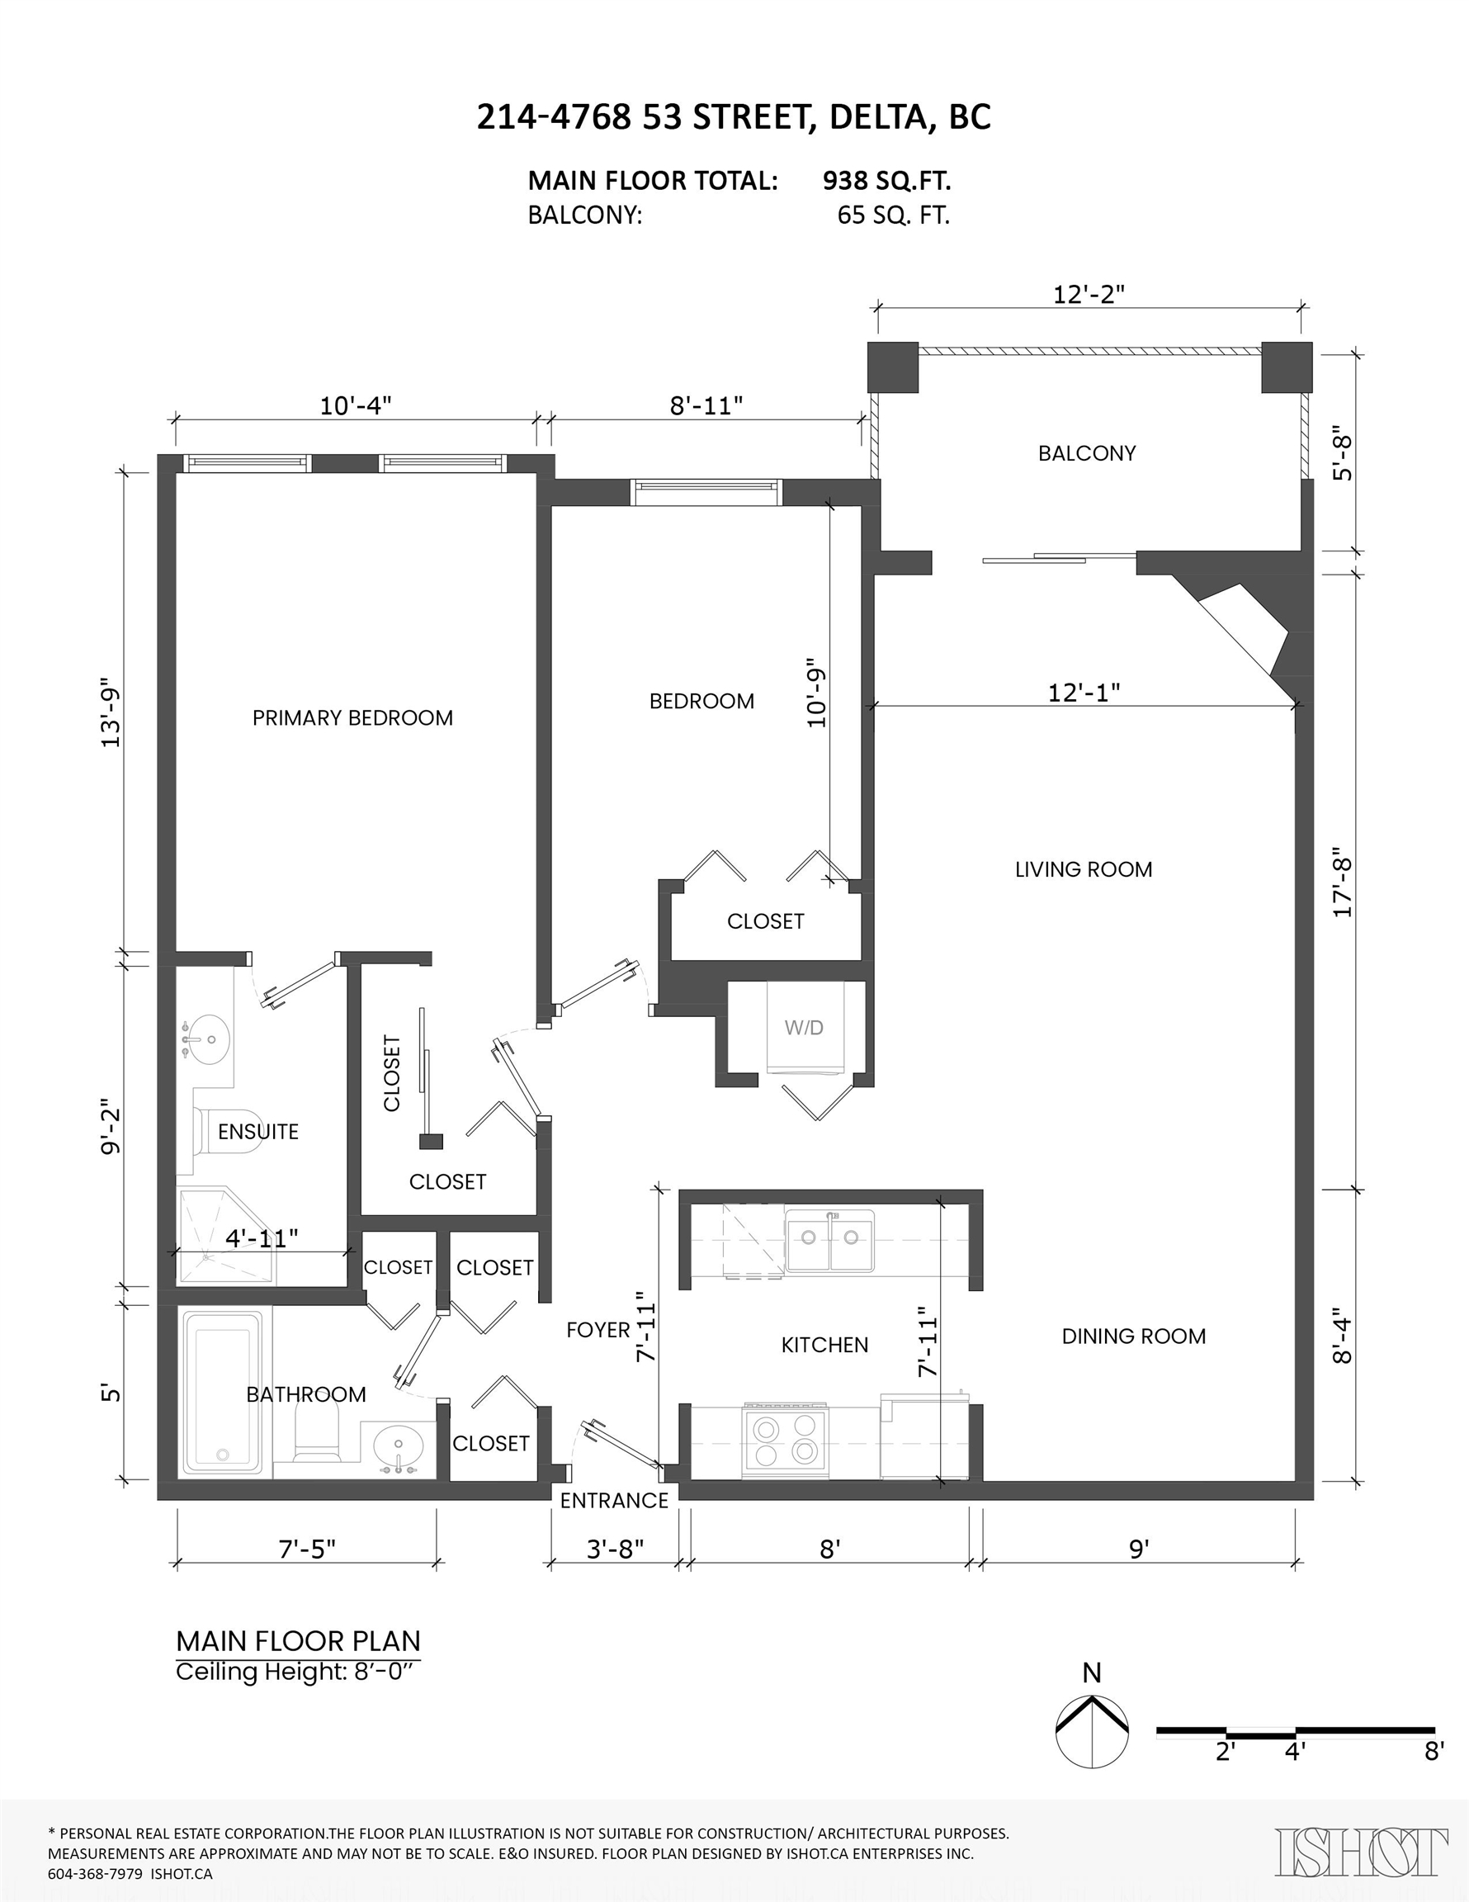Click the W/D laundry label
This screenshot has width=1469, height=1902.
click(x=803, y=1028)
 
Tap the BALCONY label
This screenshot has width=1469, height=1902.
click(x=1087, y=453)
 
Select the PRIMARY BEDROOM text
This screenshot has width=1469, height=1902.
click(x=352, y=717)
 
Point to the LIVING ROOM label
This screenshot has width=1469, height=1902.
click(x=1084, y=869)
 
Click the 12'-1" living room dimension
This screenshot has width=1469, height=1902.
click(x=1084, y=693)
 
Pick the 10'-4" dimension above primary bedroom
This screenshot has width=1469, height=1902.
click(x=355, y=406)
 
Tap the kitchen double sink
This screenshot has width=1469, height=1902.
click(x=830, y=1237)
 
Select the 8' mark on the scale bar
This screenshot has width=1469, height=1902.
click(x=1434, y=1750)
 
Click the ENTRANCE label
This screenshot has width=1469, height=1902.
click(x=614, y=1501)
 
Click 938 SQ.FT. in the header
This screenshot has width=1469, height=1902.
click(x=886, y=181)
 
